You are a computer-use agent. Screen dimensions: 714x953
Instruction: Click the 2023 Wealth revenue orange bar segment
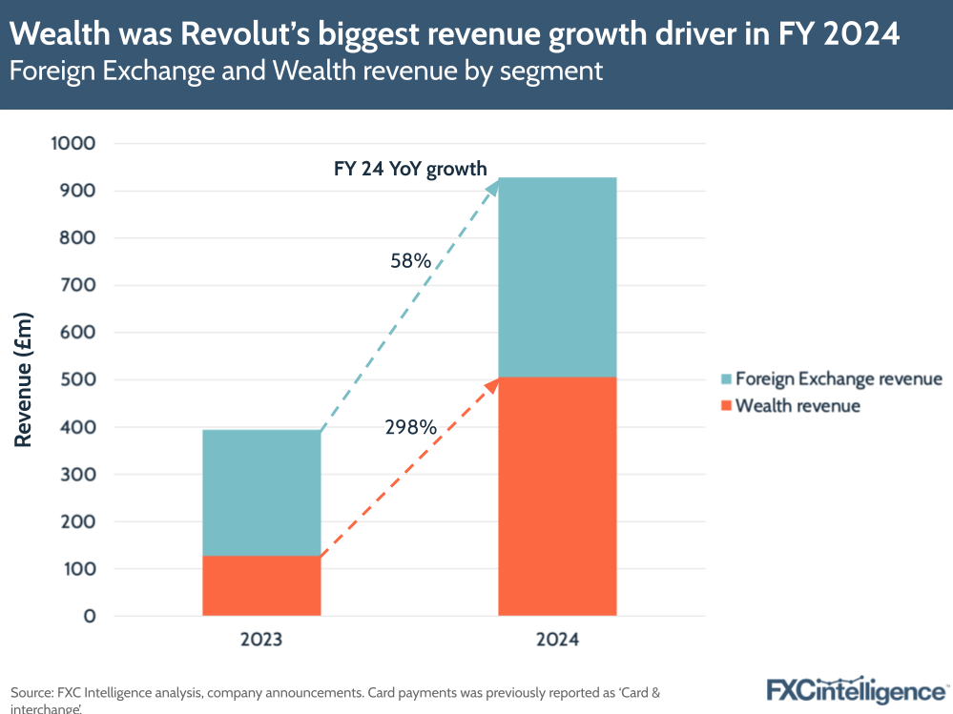(x=261, y=585)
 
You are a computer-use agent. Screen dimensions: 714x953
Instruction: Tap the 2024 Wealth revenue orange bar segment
(x=557, y=496)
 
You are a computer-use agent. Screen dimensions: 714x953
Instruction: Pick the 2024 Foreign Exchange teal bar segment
(x=557, y=276)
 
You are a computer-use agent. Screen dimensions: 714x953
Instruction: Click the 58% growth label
(x=411, y=259)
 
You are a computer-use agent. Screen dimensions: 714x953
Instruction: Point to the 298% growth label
(x=411, y=428)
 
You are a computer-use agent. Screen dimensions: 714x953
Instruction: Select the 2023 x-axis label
(x=261, y=640)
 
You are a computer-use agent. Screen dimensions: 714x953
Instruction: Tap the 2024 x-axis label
(x=557, y=640)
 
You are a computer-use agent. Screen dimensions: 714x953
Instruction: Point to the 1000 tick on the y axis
(x=73, y=144)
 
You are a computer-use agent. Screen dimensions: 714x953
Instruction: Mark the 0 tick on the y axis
(x=90, y=617)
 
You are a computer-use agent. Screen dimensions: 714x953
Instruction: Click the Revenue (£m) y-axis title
(x=24, y=379)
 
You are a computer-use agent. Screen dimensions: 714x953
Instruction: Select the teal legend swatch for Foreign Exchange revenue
(x=726, y=379)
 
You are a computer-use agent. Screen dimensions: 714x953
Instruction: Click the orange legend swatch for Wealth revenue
(x=726, y=406)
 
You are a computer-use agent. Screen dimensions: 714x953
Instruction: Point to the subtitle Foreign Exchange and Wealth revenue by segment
(x=306, y=71)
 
